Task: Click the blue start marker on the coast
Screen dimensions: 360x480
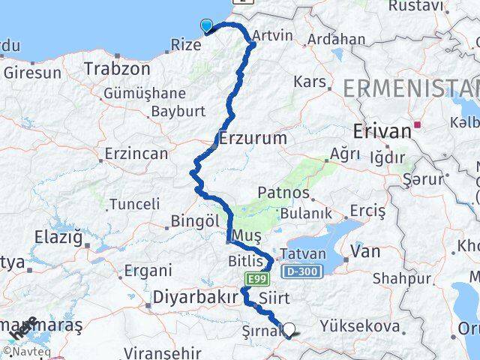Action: coord(207,27)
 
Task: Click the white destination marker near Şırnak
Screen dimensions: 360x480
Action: coord(289,328)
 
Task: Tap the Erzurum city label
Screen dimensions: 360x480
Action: coord(253,139)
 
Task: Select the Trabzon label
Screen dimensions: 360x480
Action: coord(118,68)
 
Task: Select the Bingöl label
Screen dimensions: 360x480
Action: coord(195,222)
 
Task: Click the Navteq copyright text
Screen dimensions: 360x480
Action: coord(27,351)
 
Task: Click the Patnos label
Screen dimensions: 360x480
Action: coord(283,193)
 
